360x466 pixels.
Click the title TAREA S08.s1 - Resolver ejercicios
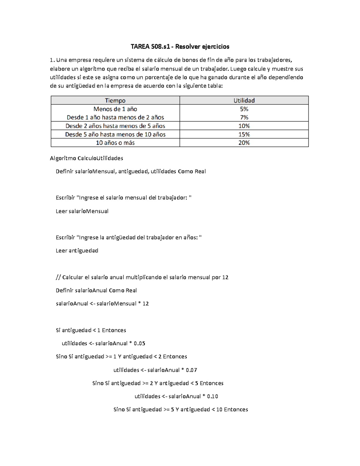pos(180,47)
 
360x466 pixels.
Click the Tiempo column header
pos(115,101)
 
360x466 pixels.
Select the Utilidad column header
pos(244,101)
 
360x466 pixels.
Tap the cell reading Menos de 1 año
pos(115,109)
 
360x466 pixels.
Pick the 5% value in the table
pos(244,109)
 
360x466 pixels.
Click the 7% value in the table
pos(244,117)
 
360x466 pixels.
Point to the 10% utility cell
pos(244,126)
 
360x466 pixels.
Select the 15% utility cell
pos(244,134)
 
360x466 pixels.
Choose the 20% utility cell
pos(244,143)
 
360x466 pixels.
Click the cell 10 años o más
pos(115,143)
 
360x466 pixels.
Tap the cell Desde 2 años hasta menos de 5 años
pos(115,126)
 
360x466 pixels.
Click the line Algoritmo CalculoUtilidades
pos(86,158)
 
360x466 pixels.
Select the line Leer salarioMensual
pos(82,211)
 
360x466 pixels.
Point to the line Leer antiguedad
pos(77,251)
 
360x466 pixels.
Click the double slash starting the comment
pos(58,277)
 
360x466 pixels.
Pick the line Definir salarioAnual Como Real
pos(96,290)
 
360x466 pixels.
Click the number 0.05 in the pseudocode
pos(139,343)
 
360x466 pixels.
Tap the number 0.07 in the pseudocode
pos(191,370)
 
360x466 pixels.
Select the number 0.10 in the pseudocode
pos(212,396)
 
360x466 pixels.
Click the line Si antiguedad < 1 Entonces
pos(91,330)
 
